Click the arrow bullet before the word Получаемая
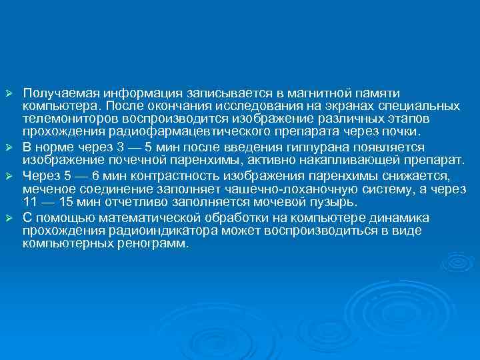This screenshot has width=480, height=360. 9,90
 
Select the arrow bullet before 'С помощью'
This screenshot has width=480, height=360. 9,218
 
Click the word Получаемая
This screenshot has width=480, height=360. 54,91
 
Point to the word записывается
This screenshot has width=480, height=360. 219,91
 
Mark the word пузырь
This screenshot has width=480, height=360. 337,202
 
